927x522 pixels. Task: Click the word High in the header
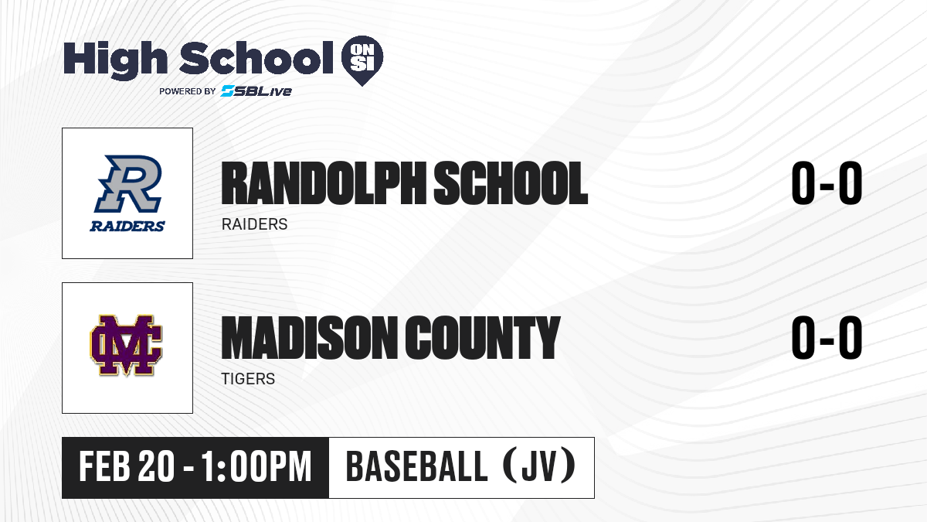(x=115, y=60)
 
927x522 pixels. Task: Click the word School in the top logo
(x=256, y=57)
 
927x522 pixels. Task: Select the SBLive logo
(x=256, y=91)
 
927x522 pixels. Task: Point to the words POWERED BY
(x=188, y=91)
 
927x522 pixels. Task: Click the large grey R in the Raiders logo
(x=128, y=183)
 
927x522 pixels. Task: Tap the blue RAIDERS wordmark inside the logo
(x=127, y=226)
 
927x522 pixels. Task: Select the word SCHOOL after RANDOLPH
(x=511, y=183)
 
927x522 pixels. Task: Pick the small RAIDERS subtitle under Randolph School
(x=254, y=224)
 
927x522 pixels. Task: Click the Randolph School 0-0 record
(x=827, y=183)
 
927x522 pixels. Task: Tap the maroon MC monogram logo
(x=126, y=346)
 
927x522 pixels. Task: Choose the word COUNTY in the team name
(x=483, y=338)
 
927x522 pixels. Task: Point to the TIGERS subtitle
(x=248, y=379)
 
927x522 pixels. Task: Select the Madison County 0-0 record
(x=827, y=337)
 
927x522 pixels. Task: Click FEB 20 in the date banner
(x=127, y=467)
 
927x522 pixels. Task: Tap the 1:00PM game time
(x=256, y=467)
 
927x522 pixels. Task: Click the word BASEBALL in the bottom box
(x=416, y=467)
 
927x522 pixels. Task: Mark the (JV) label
(x=540, y=467)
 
